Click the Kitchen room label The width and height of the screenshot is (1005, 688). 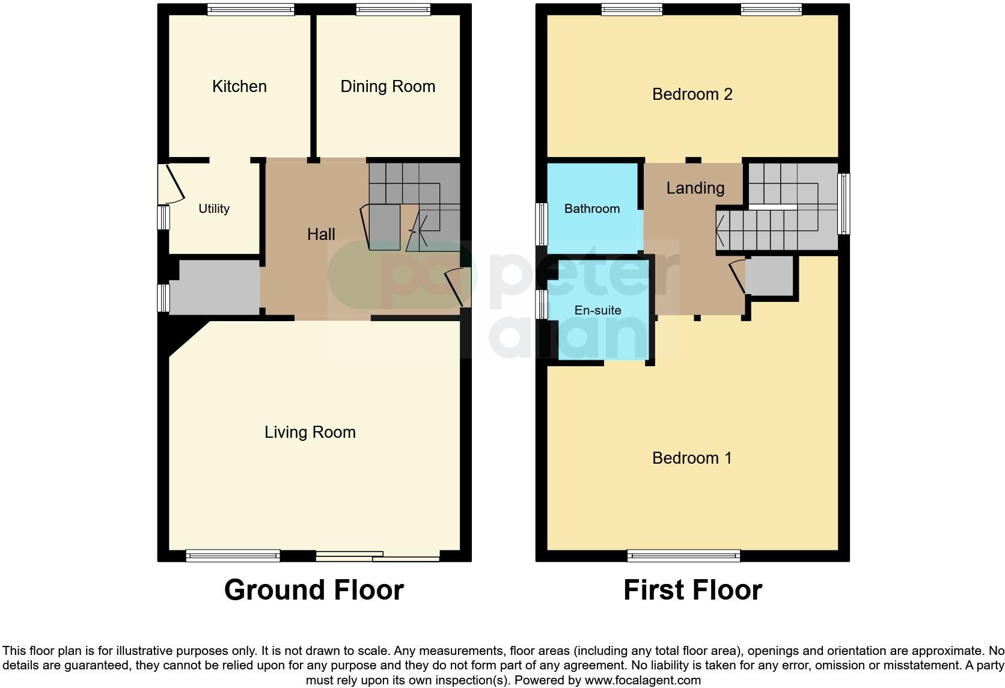(239, 87)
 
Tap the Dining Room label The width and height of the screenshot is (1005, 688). (388, 87)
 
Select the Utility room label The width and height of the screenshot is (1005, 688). (214, 209)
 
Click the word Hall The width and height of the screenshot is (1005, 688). (321, 235)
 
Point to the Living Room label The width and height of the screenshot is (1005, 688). (310, 432)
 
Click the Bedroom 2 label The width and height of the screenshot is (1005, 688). (692, 94)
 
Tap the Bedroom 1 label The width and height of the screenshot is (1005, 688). (692, 458)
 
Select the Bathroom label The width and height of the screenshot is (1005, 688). (591, 209)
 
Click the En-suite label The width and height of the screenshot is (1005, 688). (597, 310)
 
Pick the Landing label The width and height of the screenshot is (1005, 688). (695, 188)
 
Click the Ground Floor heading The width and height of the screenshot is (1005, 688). (314, 590)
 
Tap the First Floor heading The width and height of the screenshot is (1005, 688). (692, 590)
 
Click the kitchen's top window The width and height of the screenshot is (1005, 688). (251, 9)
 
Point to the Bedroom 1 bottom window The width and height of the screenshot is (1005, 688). (683, 556)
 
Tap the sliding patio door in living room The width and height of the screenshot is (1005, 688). (378, 556)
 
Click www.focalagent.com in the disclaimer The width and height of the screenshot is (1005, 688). (643, 681)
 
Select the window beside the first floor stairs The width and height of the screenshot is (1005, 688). (844, 204)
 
